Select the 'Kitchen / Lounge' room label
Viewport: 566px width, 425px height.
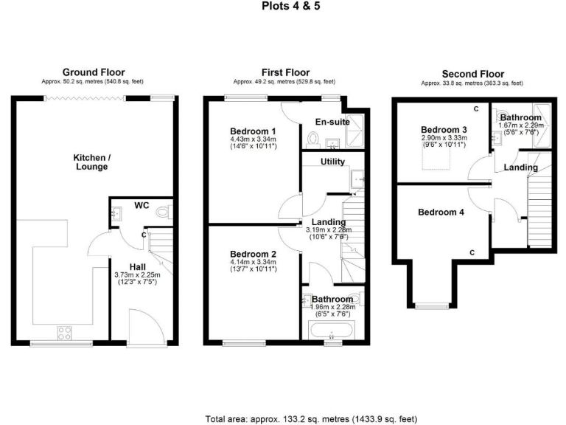[x=91, y=162]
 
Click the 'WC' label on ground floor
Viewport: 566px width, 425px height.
[x=141, y=205]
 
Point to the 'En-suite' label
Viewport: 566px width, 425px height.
[x=332, y=122]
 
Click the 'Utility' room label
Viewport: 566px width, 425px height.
[x=333, y=162]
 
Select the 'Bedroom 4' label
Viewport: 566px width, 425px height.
[x=441, y=212]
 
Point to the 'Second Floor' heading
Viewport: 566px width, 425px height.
[x=472, y=74]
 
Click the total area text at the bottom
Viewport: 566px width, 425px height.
[x=310, y=418]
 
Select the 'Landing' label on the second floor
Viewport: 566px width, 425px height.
[x=520, y=168]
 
